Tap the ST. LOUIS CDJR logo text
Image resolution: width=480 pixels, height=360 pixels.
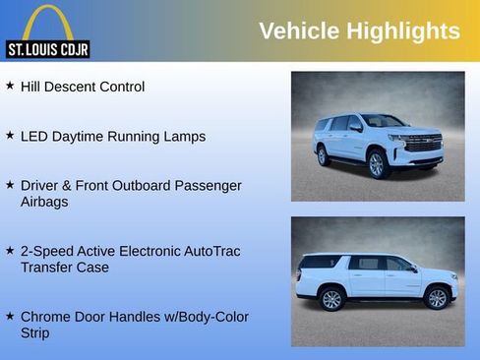[x=47, y=48]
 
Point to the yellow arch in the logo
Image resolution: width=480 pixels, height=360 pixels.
[x=47, y=22]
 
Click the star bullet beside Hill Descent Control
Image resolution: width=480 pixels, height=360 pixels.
[x=10, y=87]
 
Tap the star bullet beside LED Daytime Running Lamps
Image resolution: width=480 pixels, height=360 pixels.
[x=10, y=136]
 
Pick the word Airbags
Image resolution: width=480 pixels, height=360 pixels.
[x=46, y=202]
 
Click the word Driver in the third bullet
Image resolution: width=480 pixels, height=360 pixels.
[x=41, y=185]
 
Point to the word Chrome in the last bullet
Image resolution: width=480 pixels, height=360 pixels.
[x=46, y=317]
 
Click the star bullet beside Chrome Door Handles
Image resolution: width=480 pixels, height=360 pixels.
[x=10, y=317]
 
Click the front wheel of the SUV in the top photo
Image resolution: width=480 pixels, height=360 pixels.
[x=377, y=164]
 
